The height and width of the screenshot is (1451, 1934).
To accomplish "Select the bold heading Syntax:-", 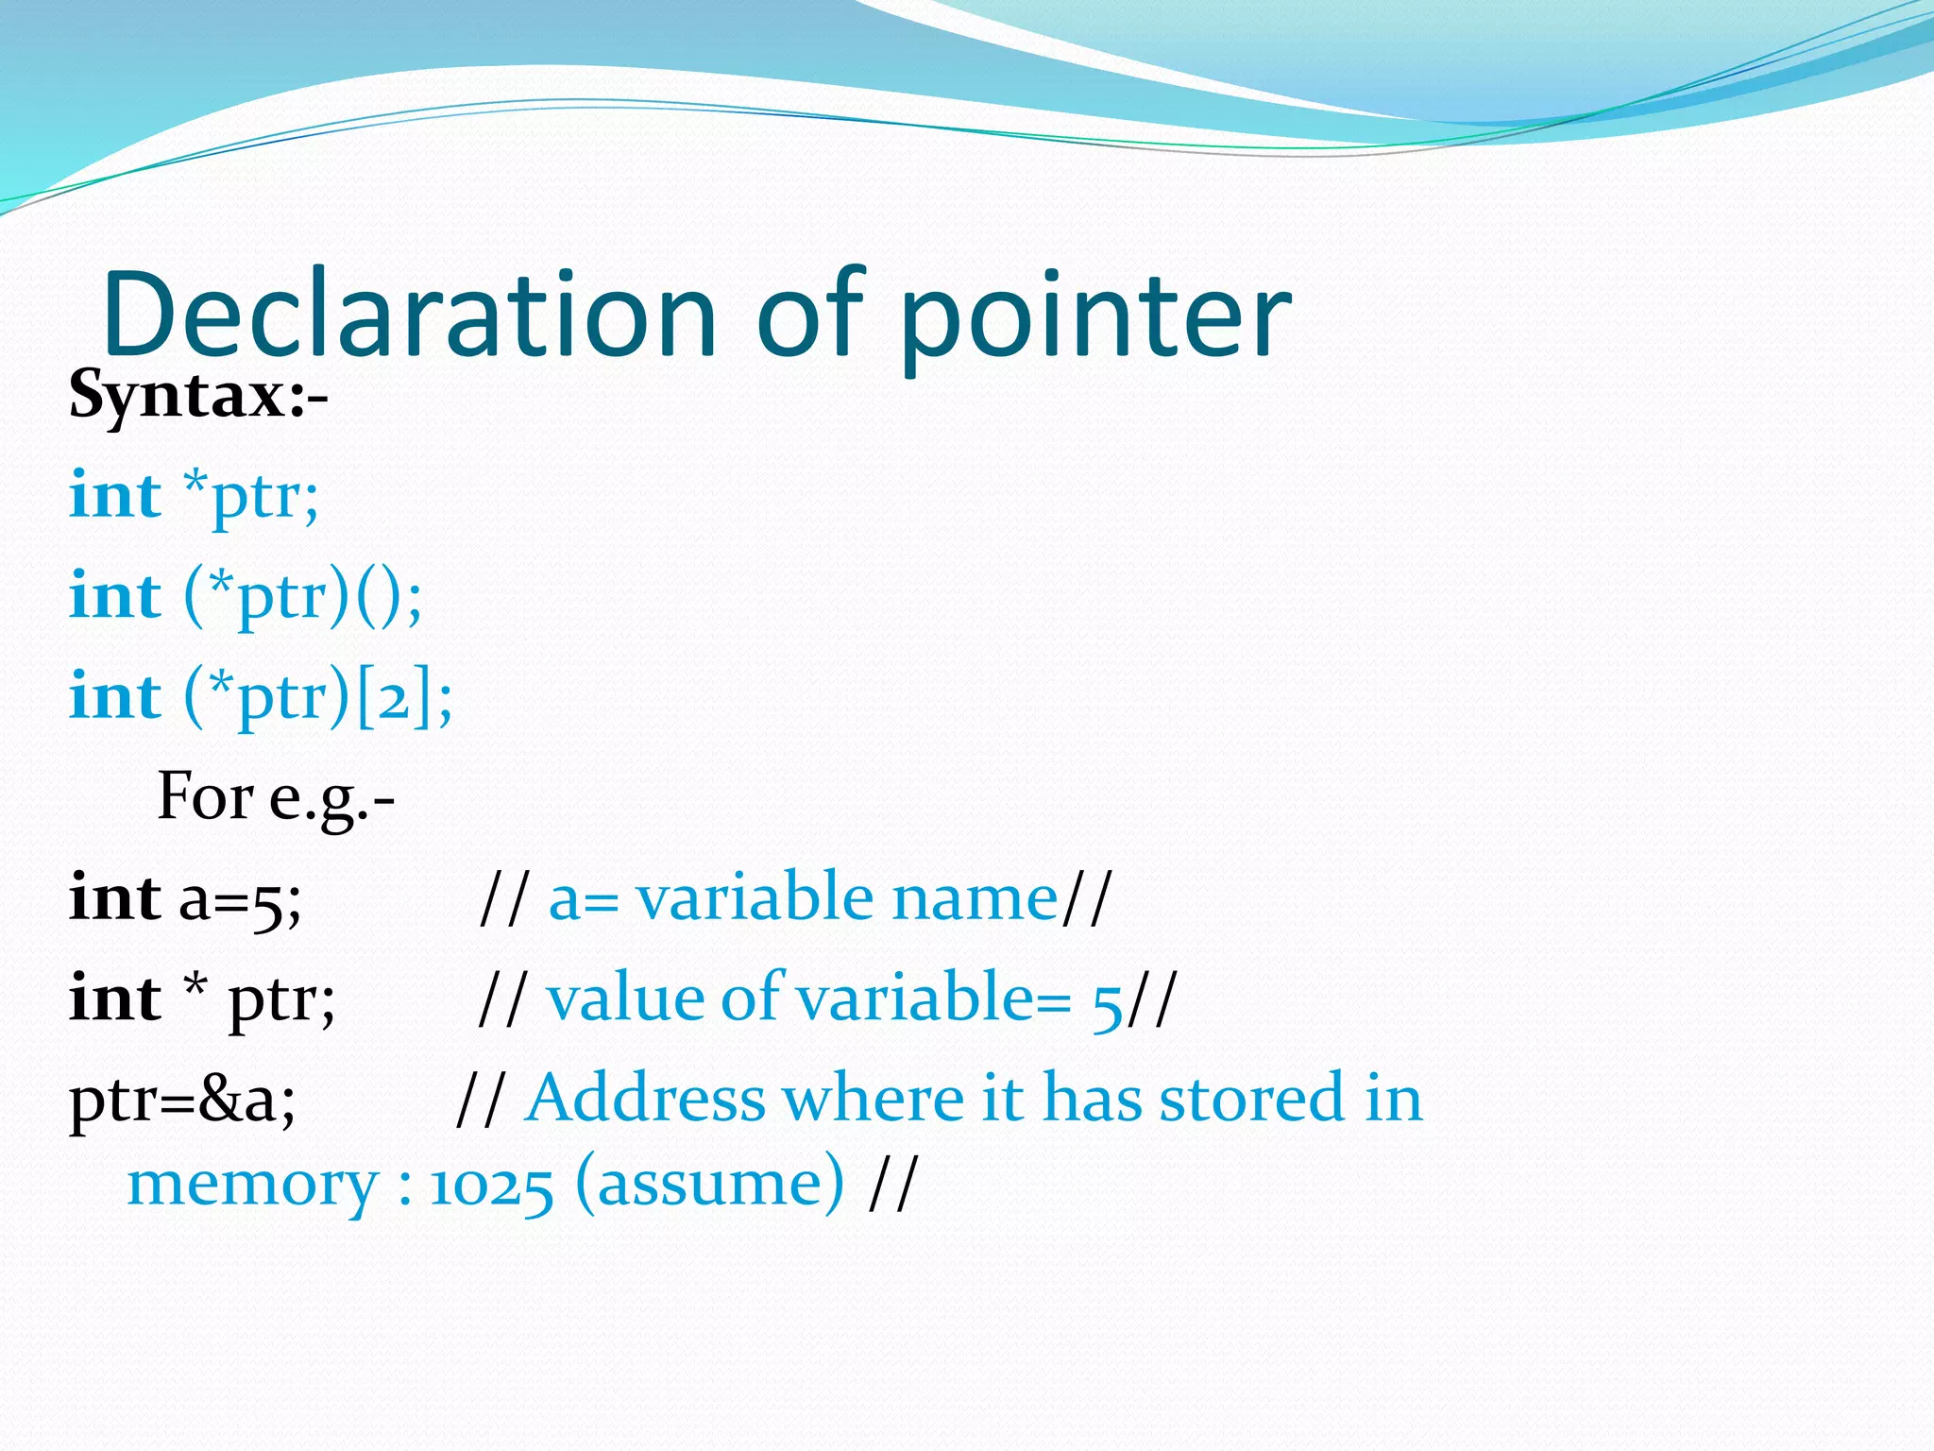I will [x=198, y=395].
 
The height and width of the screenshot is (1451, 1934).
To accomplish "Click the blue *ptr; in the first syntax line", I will [x=251, y=497].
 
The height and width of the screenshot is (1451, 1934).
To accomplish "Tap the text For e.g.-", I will [x=275, y=798].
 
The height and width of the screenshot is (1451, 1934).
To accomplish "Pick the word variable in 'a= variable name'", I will [x=754, y=897].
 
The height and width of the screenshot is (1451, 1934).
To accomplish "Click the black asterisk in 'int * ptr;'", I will [x=195, y=986].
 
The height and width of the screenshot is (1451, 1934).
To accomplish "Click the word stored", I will [x=1250, y=1100].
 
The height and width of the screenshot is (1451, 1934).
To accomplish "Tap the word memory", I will [x=252, y=1185].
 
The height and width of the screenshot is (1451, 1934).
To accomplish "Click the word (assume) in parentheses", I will [x=709, y=1185].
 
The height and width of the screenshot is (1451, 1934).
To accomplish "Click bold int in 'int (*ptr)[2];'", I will [x=115, y=697].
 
